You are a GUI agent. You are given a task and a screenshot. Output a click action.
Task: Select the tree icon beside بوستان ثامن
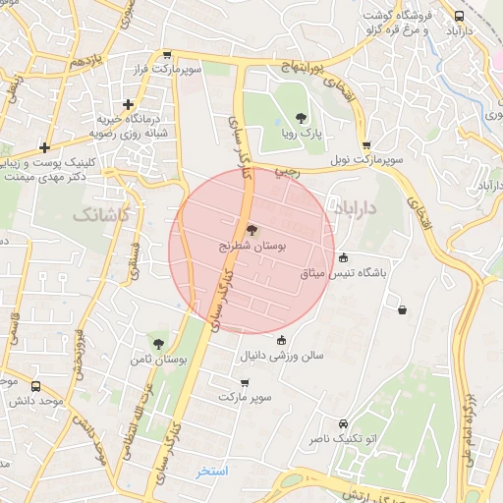(158, 344)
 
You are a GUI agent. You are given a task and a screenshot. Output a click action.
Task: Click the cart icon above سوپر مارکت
(245, 382)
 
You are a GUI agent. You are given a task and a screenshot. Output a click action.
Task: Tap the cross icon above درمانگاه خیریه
(127, 103)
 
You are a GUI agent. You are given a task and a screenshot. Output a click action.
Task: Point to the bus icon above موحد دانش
(36, 387)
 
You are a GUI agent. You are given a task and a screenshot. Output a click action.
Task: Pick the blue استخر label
(211, 471)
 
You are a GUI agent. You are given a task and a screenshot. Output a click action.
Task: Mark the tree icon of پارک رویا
(300, 119)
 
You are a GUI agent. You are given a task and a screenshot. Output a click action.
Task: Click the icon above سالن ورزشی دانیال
(282, 339)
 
